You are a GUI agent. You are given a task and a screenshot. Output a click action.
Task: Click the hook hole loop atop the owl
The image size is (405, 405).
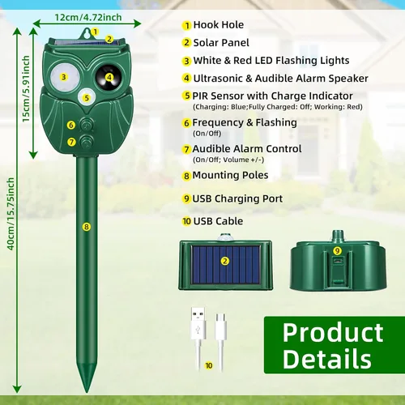(x=87, y=33)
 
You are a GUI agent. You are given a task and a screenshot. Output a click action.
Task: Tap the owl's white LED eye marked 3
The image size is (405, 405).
(x=65, y=77)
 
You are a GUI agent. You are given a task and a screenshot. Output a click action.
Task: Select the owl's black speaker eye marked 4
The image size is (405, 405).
(x=109, y=77)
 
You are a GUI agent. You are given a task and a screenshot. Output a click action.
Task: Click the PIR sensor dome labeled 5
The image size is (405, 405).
(x=87, y=97)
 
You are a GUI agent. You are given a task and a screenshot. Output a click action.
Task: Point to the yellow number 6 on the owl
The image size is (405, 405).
(x=71, y=125)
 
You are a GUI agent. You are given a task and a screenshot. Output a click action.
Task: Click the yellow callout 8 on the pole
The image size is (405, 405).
(x=87, y=227)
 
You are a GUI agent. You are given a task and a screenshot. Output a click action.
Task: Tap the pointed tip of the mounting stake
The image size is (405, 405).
(x=87, y=392)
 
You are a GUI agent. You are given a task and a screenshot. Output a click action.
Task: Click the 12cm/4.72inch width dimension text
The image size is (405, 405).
(x=88, y=18)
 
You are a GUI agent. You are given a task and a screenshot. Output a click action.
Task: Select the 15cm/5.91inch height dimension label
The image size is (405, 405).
(x=26, y=89)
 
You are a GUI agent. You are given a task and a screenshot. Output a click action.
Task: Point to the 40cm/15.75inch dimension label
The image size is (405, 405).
(x=11, y=214)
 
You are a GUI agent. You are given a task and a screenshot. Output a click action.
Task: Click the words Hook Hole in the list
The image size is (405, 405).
(x=219, y=25)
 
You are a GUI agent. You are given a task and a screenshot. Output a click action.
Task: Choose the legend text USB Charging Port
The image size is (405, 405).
(x=237, y=198)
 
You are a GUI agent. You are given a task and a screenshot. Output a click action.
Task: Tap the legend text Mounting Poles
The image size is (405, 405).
(x=230, y=175)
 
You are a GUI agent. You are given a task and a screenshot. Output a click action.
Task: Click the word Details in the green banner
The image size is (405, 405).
(x=327, y=359)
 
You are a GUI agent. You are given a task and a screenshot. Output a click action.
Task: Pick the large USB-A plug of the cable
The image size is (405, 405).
(x=198, y=323)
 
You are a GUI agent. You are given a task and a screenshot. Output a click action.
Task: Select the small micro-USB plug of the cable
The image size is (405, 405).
(x=221, y=326)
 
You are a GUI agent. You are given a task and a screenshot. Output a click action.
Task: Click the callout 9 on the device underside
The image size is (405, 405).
(x=337, y=251)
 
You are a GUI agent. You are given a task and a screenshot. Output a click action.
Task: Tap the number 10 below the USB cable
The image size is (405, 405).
(x=209, y=365)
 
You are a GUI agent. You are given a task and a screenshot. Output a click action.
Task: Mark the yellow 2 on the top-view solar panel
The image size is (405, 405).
(x=224, y=261)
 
